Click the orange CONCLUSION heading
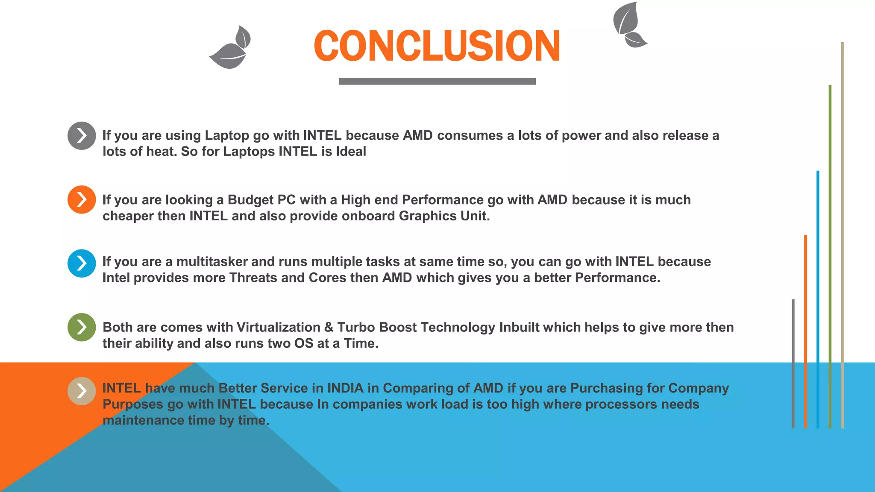(x=437, y=46)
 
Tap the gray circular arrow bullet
(x=81, y=136)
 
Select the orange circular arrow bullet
(x=81, y=199)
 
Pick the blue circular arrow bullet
(x=81, y=263)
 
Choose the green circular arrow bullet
(x=81, y=327)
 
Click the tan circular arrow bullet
(x=81, y=391)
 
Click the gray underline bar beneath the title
(x=437, y=81)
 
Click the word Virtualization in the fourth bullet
(x=278, y=327)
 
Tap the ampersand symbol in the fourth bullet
(x=329, y=327)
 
